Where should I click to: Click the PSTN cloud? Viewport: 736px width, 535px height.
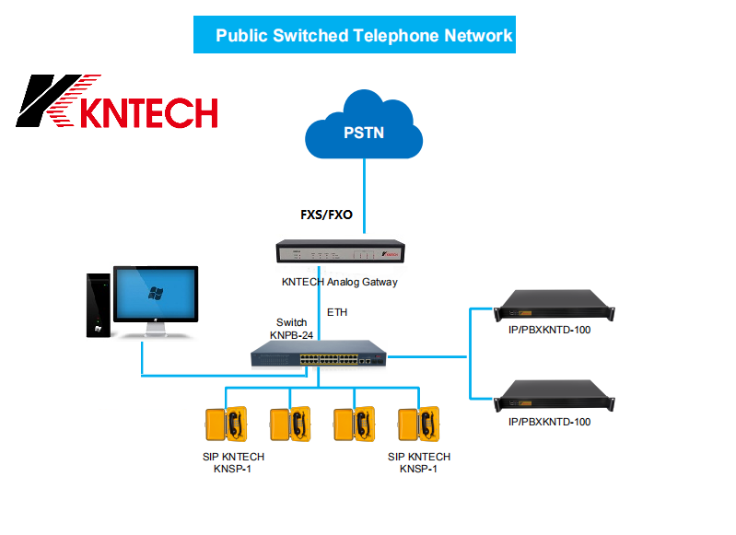point(364,131)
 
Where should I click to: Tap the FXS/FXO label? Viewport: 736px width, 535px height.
point(326,215)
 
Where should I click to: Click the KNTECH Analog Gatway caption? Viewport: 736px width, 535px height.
point(340,282)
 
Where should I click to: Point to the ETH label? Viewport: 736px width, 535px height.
point(337,313)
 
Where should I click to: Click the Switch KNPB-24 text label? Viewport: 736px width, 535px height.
point(292,329)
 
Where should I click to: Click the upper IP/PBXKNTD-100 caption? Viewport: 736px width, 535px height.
point(549,330)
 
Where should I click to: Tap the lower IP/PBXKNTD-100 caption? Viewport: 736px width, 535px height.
point(549,422)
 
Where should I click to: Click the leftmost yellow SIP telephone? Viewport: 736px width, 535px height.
point(227,425)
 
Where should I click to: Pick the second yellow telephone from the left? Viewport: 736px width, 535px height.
point(290,425)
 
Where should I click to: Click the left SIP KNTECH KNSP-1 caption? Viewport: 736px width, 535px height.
point(233,462)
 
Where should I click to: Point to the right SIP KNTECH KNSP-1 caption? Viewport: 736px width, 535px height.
point(419,462)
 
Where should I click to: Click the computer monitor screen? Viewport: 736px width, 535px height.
point(156,295)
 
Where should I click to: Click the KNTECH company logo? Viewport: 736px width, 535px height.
point(117,101)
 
